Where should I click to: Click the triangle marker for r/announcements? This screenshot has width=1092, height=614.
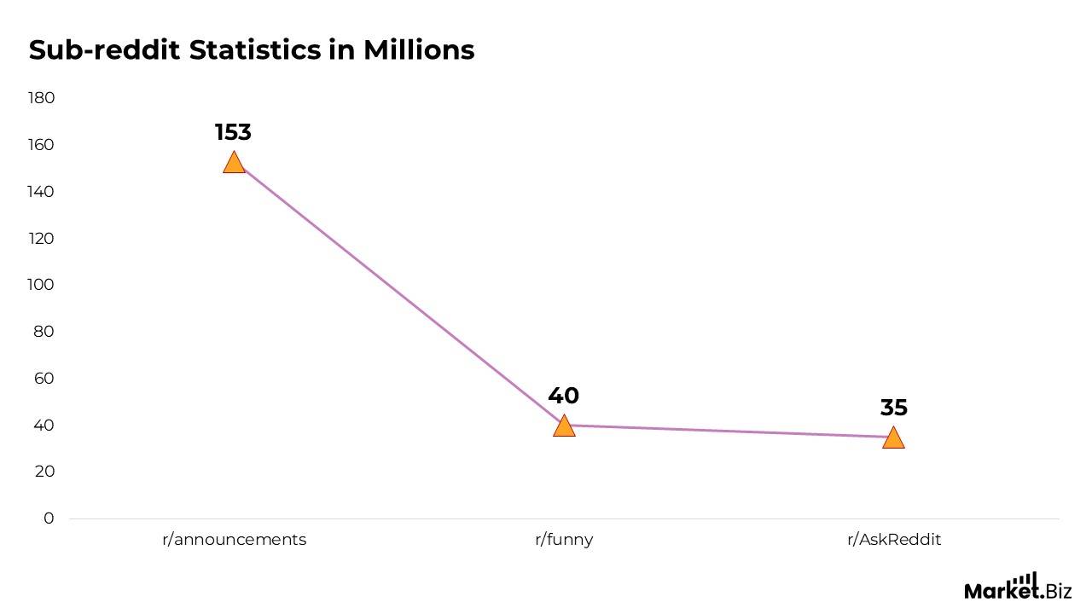pyautogui.click(x=234, y=163)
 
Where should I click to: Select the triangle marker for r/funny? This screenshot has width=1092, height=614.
pyautogui.click(x=564, y=426)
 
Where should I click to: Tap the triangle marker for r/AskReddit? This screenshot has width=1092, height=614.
pyautogui.click(x=893, y=438)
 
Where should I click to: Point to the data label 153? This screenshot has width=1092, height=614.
pyautogui.click(x=233, y=133)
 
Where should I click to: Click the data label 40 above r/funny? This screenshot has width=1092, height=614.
pyautogui.click(x=563, y=396)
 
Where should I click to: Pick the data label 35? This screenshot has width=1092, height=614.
pyautogui.click(x=893, y=408)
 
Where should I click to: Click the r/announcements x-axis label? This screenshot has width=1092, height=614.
pyautogui.click(x=234, y=540)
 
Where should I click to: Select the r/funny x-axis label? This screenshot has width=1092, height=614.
pyautogui.click(x=564, y=540)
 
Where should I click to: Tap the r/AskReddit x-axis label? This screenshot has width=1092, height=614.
pyautogui.click(x=893, y=540)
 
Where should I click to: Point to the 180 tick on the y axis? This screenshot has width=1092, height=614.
pyautogui.click(x=41, y=98)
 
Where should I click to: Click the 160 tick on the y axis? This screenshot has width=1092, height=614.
pyautogui.click(x=41, y=145)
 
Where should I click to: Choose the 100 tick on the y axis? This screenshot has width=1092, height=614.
pyautogui.click(x=41, y=285)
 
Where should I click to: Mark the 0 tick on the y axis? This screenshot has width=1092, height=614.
pyautogui.click(x=49, y=518)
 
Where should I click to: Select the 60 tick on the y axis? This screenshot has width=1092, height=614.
pyautogui.click(x=44, y=378)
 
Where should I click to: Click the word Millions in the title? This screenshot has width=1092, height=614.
pyautogui.click(x=418, y=49)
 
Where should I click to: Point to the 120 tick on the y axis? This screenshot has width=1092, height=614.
pyautogui.click(x=41, y=238)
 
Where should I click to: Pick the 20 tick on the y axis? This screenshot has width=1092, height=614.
pyautogui.click(x=44, y=472)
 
